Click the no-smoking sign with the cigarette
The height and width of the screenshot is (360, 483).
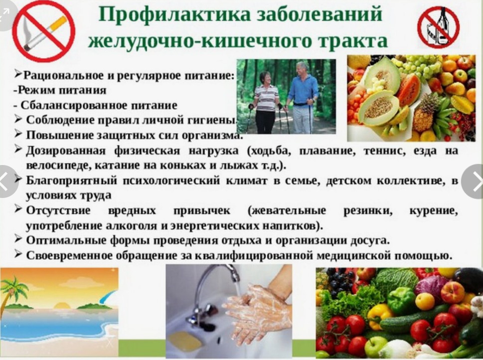[x=45, y=32]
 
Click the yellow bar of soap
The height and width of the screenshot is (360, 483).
[x=184, y=341]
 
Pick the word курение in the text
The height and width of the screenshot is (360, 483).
[x=434, y=211]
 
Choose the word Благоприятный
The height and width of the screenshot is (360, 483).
[x=71, y=180]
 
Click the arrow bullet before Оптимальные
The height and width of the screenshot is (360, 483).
[x=18, y=239]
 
